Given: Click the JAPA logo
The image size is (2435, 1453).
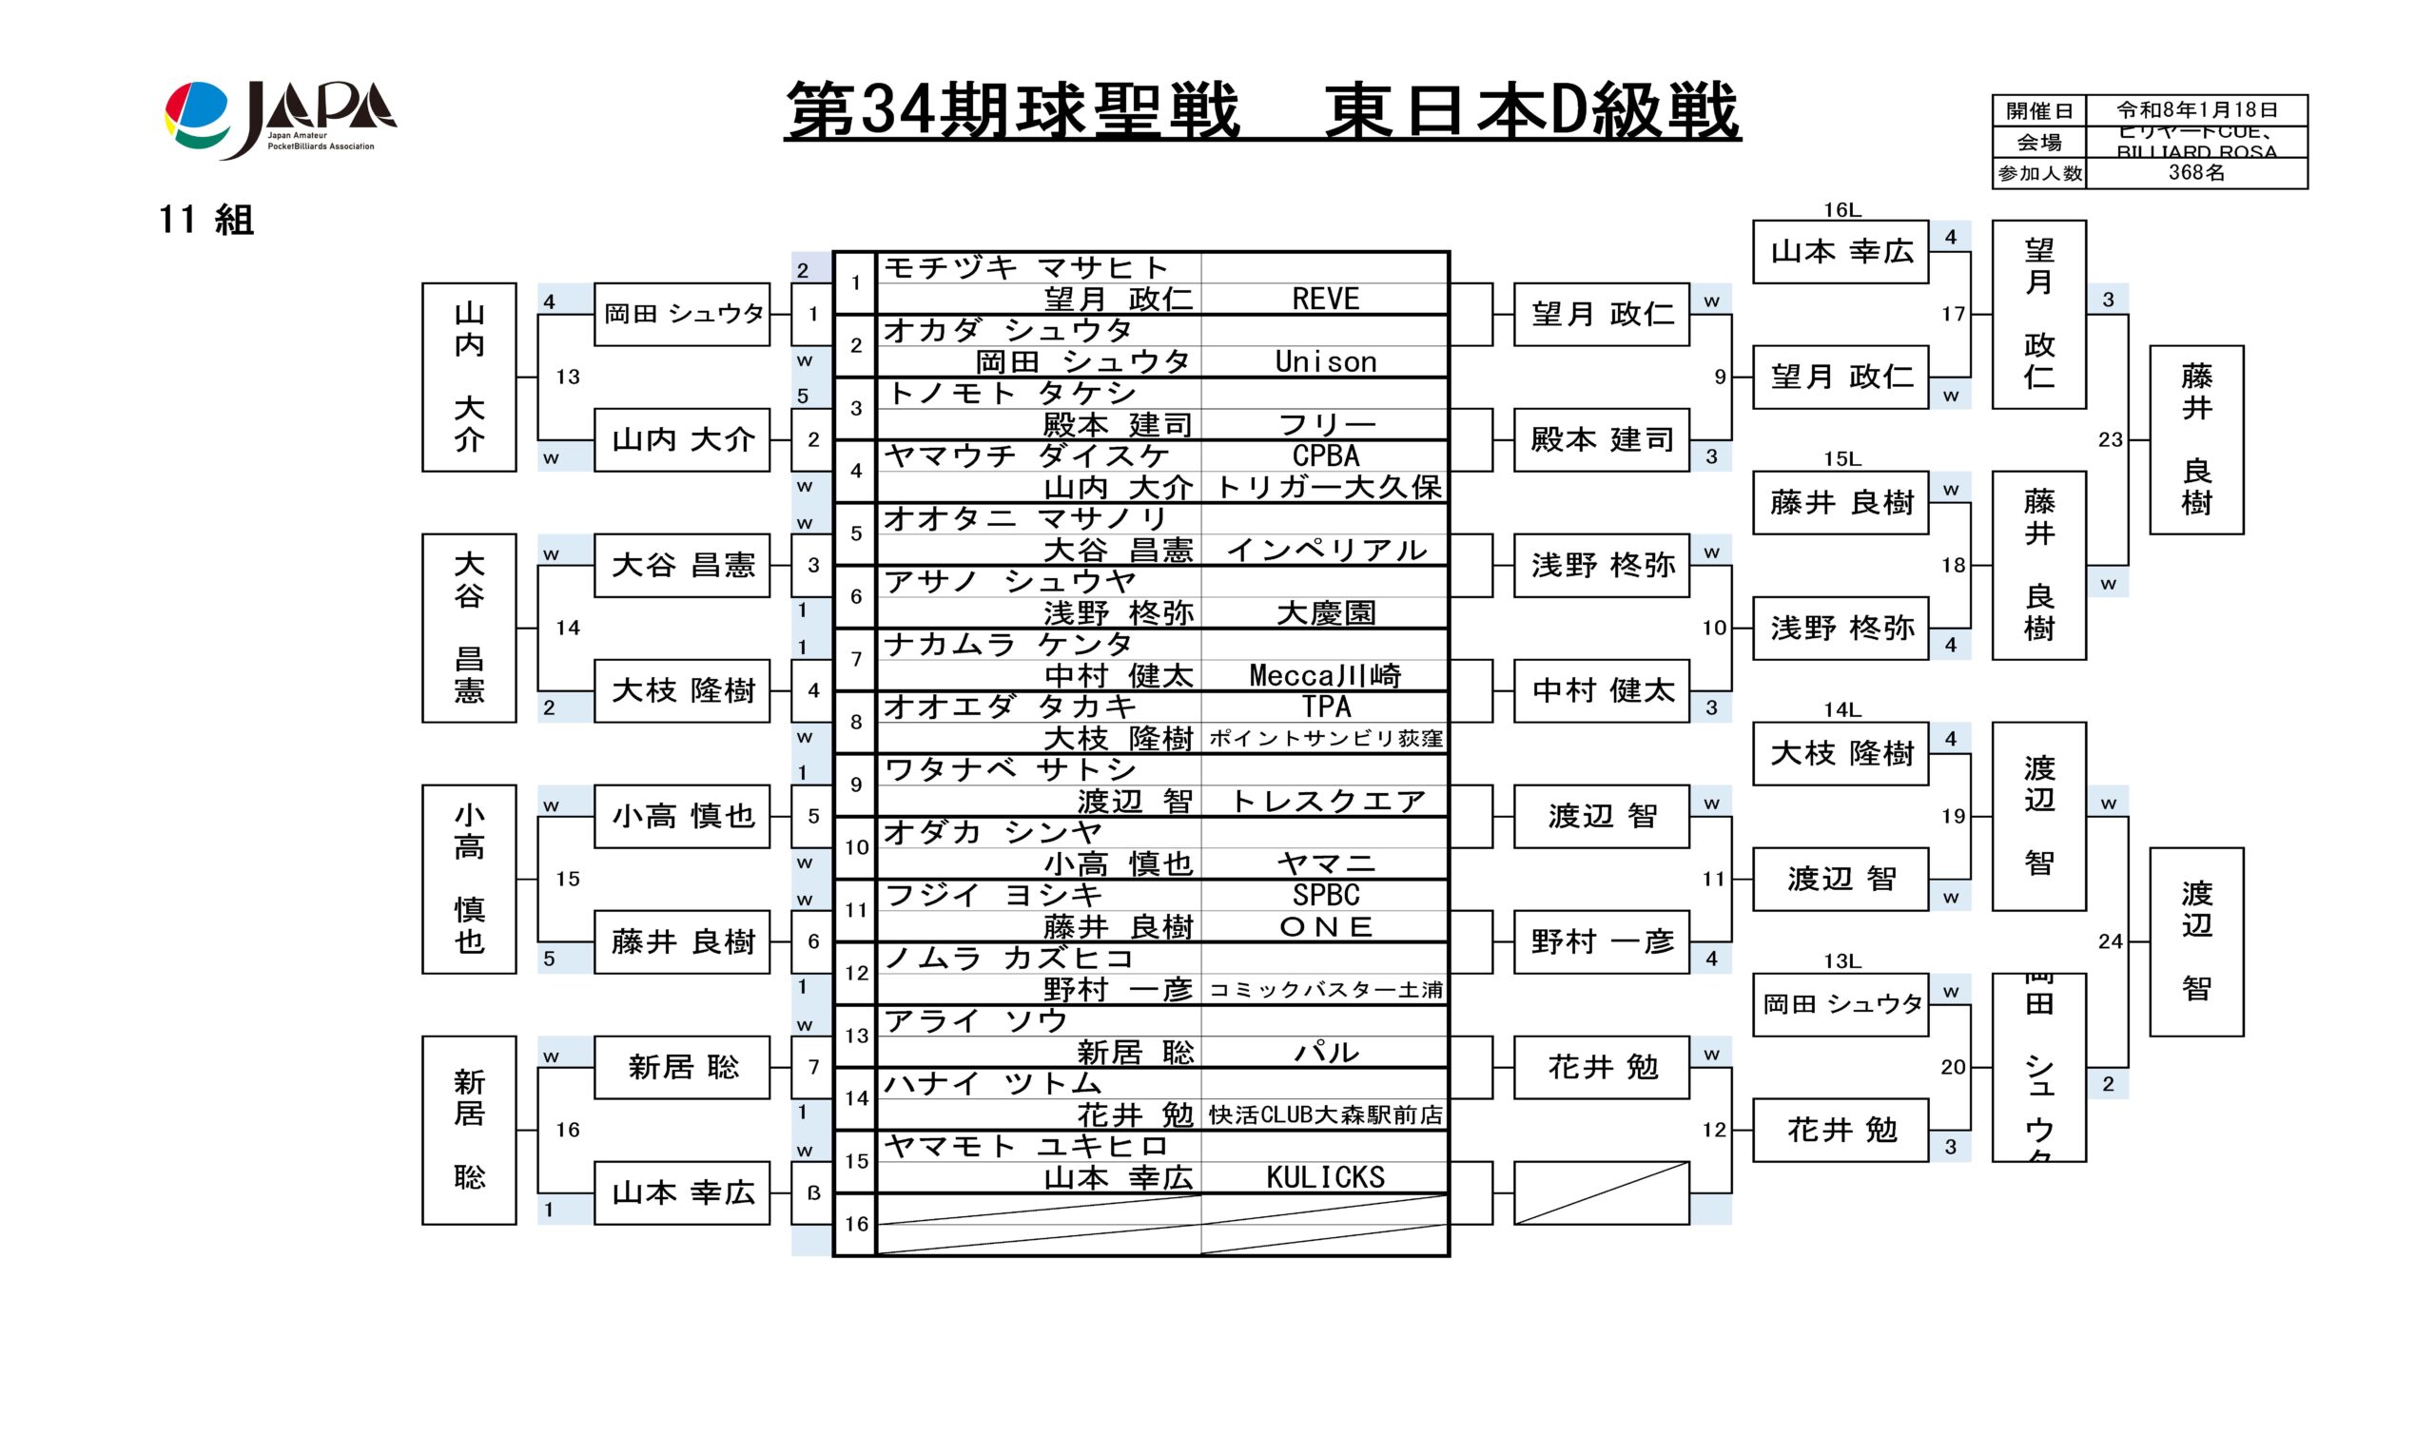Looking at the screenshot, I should click(280, 120).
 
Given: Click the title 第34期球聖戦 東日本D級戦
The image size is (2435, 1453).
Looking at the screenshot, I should click(1261, 110).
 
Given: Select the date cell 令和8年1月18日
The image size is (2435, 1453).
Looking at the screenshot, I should click(2196, 109).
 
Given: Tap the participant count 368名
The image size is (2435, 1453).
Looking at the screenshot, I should click(2196, 173).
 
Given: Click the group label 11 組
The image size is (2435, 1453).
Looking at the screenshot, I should click(206, 220).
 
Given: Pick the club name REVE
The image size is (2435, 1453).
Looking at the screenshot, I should click(1325, 299).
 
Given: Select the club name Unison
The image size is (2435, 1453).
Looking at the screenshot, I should click(1325, 362).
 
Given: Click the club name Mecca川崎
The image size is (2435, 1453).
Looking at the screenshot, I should click(1325, 675).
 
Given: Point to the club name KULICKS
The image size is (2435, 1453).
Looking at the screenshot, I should click(1325, 1177).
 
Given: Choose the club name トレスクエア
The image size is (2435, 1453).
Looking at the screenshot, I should click(1325, 802).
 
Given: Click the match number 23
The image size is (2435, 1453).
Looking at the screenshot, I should click(2110, 439).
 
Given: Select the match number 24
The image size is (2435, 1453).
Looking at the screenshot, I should click(2110, 940).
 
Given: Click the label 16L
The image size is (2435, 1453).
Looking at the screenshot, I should click(1841, 209).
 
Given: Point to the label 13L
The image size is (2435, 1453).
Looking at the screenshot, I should click(1841, 961).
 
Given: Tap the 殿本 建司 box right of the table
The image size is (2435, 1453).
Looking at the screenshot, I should click(1601, 439).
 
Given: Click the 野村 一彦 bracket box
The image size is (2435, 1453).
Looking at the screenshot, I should click(1601, 942).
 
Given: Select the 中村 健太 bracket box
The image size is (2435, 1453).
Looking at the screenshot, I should click(1601, 690).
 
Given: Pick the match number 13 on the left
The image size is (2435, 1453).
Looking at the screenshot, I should click(568, 377).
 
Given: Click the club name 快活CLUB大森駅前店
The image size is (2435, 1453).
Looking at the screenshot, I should click(1325, 1114).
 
